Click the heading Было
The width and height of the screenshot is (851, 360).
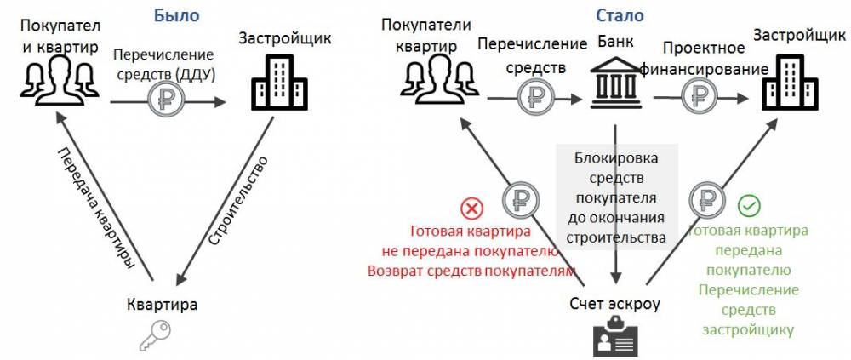[x=177, y=15]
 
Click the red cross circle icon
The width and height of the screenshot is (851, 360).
[x=470, y=208]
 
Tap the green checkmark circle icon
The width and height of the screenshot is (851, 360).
[x=749, y=206]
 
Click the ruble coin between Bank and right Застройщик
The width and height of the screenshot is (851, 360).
[x=700, y=96]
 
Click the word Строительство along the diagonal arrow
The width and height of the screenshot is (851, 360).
[x=239, y=201]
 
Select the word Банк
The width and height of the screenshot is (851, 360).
[x=616, y=41]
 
